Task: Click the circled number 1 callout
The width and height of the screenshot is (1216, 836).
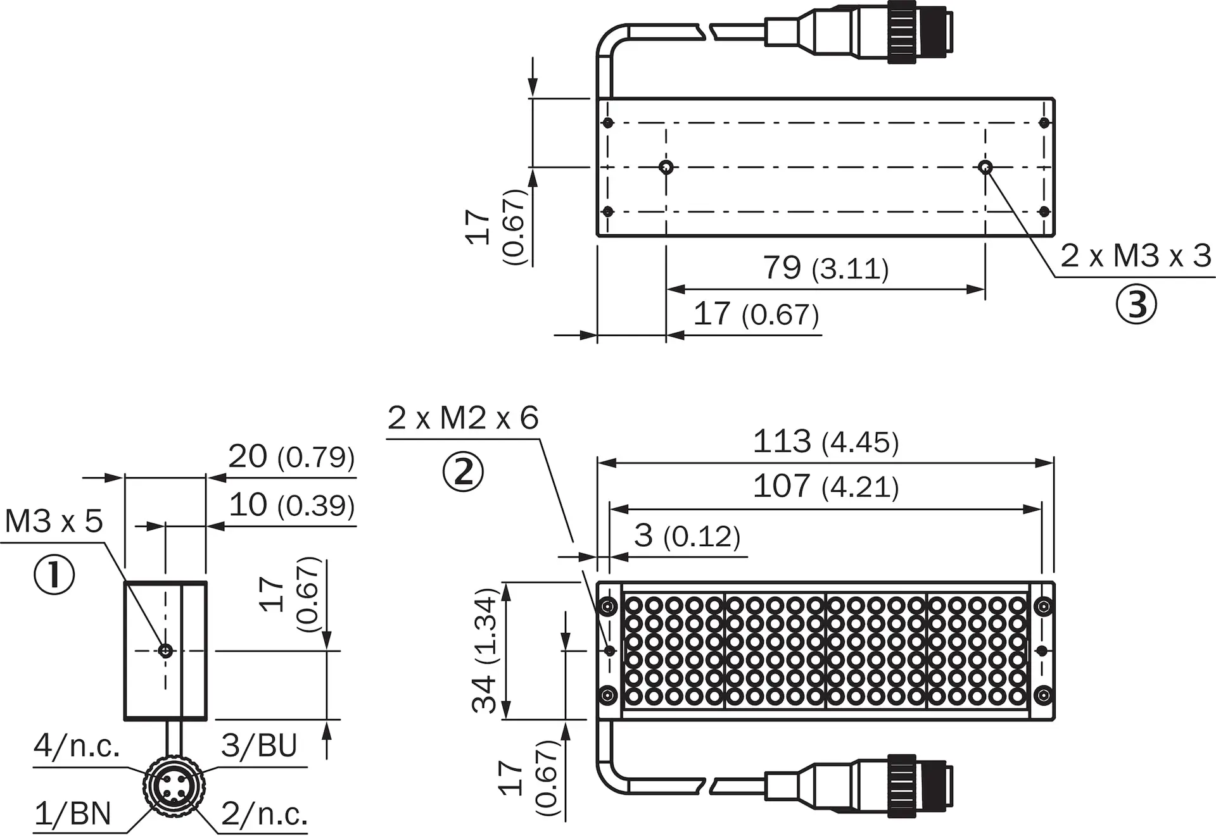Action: [x=54, y=575]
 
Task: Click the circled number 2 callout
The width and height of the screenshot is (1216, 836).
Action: [x=463, y=472]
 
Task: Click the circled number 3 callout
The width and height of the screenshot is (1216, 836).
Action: [x=1136, y=304]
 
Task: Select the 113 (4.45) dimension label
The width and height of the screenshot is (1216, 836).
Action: [x=826, y=441]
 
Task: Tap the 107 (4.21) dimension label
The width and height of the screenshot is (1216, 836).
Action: [x=826, y=487]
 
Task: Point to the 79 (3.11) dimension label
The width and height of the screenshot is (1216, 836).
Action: [x=826, y=268]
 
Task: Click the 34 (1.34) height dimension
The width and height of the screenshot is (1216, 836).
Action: [x=486, y=651]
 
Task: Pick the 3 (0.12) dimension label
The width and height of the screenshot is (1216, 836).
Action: [x=687, y=536]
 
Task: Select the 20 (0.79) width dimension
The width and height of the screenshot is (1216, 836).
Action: [x=291, y=456]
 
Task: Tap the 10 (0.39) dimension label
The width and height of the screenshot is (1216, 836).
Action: [x=291, y=505]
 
